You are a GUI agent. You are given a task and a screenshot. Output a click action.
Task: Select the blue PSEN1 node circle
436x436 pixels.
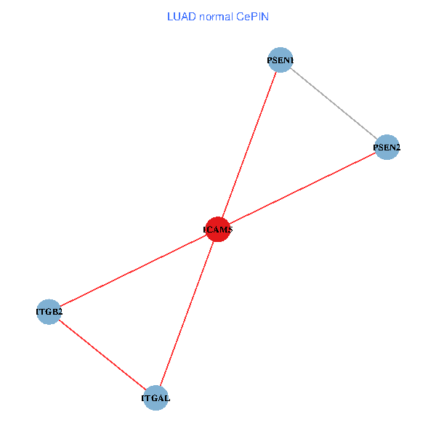coord(280,60)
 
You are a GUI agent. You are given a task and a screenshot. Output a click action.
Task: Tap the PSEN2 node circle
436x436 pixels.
coord(387,148)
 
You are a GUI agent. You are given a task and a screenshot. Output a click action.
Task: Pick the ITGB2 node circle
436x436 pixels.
coord(49,312)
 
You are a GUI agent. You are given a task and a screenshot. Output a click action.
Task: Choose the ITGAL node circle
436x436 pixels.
coord(156,397)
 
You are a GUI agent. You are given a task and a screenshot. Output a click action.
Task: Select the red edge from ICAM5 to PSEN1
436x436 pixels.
coord(249,145)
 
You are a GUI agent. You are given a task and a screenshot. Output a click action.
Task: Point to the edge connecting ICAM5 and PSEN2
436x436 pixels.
coord(302,189)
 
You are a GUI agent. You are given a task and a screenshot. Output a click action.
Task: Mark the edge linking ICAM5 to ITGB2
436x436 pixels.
coord(133,270)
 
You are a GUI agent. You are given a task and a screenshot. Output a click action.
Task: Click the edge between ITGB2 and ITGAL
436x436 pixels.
coord(102,355)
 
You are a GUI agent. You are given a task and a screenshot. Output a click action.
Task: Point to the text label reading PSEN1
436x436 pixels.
coord(280,60)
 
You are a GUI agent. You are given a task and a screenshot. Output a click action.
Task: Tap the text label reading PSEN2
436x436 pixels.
coord(387,148)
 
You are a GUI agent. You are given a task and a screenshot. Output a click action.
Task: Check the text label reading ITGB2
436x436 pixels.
coord(49,312)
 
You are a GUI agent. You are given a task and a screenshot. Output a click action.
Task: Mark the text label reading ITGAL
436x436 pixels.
coord(156,397)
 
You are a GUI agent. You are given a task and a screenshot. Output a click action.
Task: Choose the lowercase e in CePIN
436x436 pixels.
coord(247,17)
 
